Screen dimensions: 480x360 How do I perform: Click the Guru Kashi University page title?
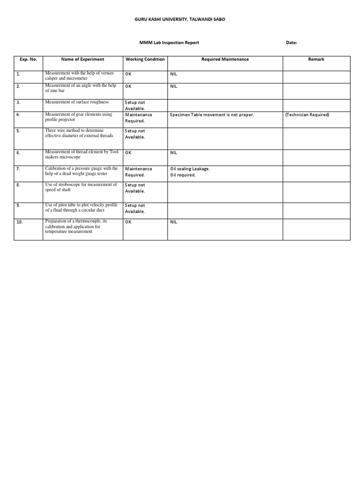click(x=180, y=19)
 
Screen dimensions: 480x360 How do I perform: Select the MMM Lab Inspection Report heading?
click(x=169, y=43)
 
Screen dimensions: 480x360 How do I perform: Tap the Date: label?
click(x=292, y=43)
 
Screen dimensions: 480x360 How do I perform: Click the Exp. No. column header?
click(x=28, y=60)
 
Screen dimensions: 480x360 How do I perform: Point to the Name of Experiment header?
click(x=82, y=60)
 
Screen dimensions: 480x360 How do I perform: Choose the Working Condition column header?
click(x=145, y=60)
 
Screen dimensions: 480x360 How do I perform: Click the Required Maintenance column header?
click(x=225, y=60)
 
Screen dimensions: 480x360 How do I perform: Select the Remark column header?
click(x=316, y=60)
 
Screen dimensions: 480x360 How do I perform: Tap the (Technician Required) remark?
click(x=307, y=115)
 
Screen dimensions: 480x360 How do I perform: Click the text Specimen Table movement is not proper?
click(x=212, y=115)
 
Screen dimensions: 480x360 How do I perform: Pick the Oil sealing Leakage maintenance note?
click(x=190, y=169)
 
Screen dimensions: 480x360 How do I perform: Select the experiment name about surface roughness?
click(x=77, y=102)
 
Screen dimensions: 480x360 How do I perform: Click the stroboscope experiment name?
click(x=81, y=187)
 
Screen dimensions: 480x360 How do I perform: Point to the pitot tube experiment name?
click(x=81, y=208)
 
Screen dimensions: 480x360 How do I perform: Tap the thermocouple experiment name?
click(x=76, y=226)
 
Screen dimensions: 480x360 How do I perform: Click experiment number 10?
click(x=19, y=222)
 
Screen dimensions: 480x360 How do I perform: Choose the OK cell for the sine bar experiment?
click(x=128, y=86)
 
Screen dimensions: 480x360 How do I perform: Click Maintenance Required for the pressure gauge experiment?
click(x=138, y=172)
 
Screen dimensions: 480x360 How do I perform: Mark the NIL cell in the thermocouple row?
click(x=173, y=222)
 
